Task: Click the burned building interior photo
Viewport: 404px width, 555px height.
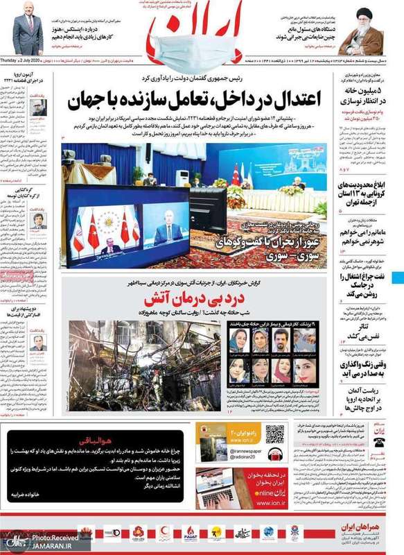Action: click(x=141, y=366)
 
